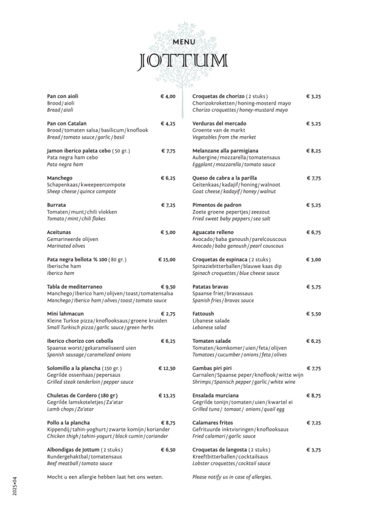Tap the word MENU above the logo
click(x=184, y=41)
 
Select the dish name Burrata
click(x=56, y=205)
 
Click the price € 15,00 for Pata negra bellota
click(x=167, y=259)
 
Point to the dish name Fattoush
click(x=203, y=314)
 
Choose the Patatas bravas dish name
click(x=210, y=286)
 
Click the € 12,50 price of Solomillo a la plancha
click(x=167, y=368)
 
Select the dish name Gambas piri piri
click(x=212, y=368)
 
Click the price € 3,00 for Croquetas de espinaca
click(x=313, y=259)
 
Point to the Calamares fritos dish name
click(x=212, y=423)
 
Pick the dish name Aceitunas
click(x=59, y=232)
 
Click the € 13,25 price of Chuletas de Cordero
click(x=167, y=396)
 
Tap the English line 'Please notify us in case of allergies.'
click(x=232, y=477)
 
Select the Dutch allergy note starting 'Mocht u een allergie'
click(x=105, y=477)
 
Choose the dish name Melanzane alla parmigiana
click(x=221, y=151)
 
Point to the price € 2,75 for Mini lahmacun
click(x=168, y=314)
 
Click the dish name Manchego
click(x=59, y=178)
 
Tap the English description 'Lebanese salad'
click(x=209, y=327)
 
